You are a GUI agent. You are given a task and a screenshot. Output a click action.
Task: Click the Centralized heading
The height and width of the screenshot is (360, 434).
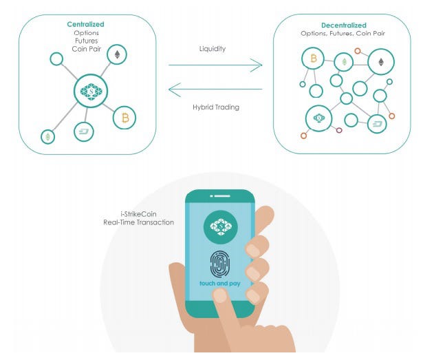coord(85,24)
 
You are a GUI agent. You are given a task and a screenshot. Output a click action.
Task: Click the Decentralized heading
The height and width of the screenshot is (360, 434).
coord(344,25)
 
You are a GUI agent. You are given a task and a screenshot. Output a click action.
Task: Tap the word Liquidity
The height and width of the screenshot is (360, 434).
coord(213,49)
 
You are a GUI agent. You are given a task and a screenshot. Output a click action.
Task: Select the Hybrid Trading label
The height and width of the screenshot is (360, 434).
coord(216,107)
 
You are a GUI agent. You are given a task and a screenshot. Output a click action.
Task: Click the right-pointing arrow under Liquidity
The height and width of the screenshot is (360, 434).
coord(215,65)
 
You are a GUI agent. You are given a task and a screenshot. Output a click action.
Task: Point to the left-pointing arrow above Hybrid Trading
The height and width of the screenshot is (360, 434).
coord(215,89)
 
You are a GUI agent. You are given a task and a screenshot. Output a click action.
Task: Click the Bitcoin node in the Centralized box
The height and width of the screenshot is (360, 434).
coord(124,118)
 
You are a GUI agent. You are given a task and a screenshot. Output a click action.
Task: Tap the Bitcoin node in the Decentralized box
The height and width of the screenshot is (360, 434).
coord(313,59)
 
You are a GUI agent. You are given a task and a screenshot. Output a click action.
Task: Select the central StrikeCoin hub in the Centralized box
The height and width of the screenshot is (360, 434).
coord(91,91)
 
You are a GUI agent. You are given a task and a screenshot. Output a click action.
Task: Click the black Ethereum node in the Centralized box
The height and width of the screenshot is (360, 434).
coord(117,54)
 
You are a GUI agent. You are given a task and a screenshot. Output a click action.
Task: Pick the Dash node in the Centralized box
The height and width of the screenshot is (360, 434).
coord(84,131)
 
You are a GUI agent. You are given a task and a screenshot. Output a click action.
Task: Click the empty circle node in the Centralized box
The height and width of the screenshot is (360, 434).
coord(56,59)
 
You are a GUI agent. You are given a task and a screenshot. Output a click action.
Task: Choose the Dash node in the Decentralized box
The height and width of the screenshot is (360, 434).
coord(377,124)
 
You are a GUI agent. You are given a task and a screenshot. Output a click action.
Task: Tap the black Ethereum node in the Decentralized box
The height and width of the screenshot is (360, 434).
coord(381,62)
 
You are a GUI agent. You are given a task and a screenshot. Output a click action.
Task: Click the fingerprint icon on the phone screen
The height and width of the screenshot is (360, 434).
coord(220,264)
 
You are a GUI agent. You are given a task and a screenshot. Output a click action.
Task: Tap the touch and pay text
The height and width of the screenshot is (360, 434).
coord(220,284)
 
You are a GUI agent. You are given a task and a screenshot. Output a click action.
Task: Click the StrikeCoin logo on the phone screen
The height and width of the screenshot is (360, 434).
coord(221,227)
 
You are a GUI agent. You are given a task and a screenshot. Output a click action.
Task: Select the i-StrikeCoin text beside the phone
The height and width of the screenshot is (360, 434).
coord(138,214)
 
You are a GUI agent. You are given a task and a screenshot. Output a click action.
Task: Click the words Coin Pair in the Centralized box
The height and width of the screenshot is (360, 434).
coord(87,49)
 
